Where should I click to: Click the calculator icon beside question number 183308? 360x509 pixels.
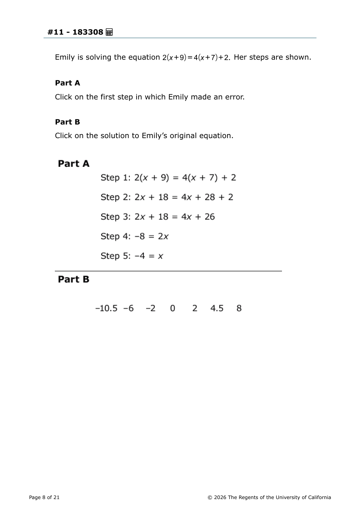pos(109,32)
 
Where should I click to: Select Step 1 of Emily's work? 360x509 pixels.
pos(168,178)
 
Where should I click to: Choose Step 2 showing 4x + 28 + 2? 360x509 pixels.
pos(167,197)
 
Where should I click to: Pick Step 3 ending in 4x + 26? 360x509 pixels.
pos(158,217)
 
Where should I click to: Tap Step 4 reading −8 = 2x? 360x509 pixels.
pos(134,236)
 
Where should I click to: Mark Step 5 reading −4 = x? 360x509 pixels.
pos(132,256)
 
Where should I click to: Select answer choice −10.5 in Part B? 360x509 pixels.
pos(106,308)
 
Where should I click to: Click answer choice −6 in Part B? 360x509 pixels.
pos(128,308)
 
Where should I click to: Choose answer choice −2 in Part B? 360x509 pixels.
pos(151,308)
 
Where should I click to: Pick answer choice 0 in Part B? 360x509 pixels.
pos(173,308)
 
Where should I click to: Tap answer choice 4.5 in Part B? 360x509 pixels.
pos(217,308)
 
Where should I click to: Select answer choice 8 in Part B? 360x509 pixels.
pos(239,308)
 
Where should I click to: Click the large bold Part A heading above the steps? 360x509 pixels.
pos(74,164)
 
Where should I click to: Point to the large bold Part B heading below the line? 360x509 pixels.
pos(74,279)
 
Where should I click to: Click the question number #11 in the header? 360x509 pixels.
pos(56,32)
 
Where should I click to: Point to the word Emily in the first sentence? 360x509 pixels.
pos(65,57)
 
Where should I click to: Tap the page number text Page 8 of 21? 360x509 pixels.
pos(44,497)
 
